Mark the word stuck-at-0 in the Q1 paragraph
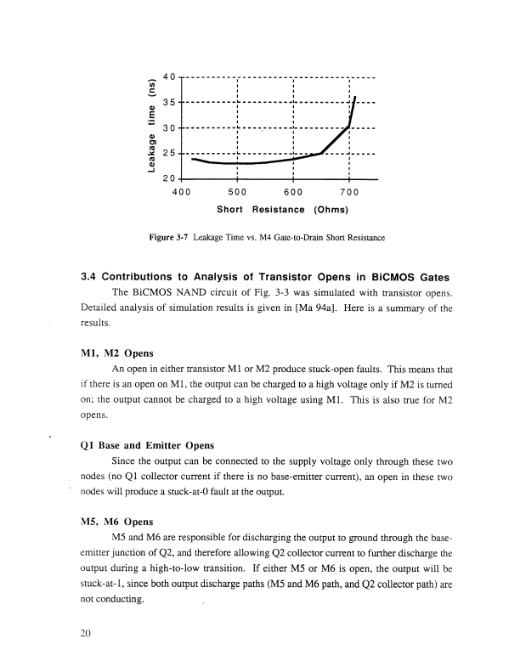pos(192,494)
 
